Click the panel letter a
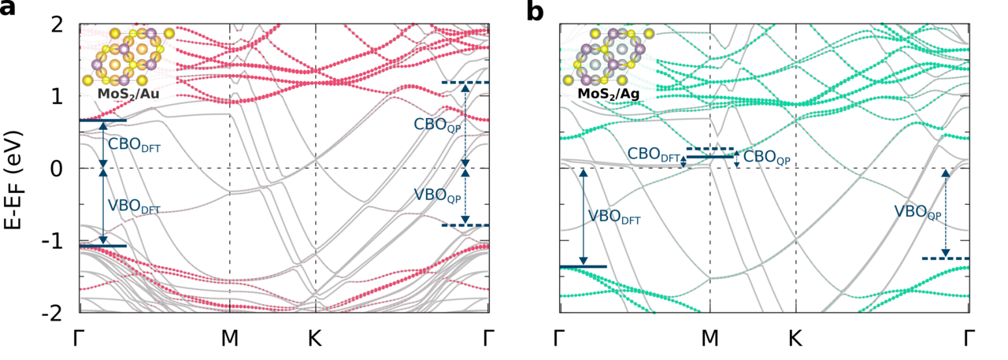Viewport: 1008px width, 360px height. (x=10, y=13)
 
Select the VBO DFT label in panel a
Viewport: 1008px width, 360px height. (x=133, y=207)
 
